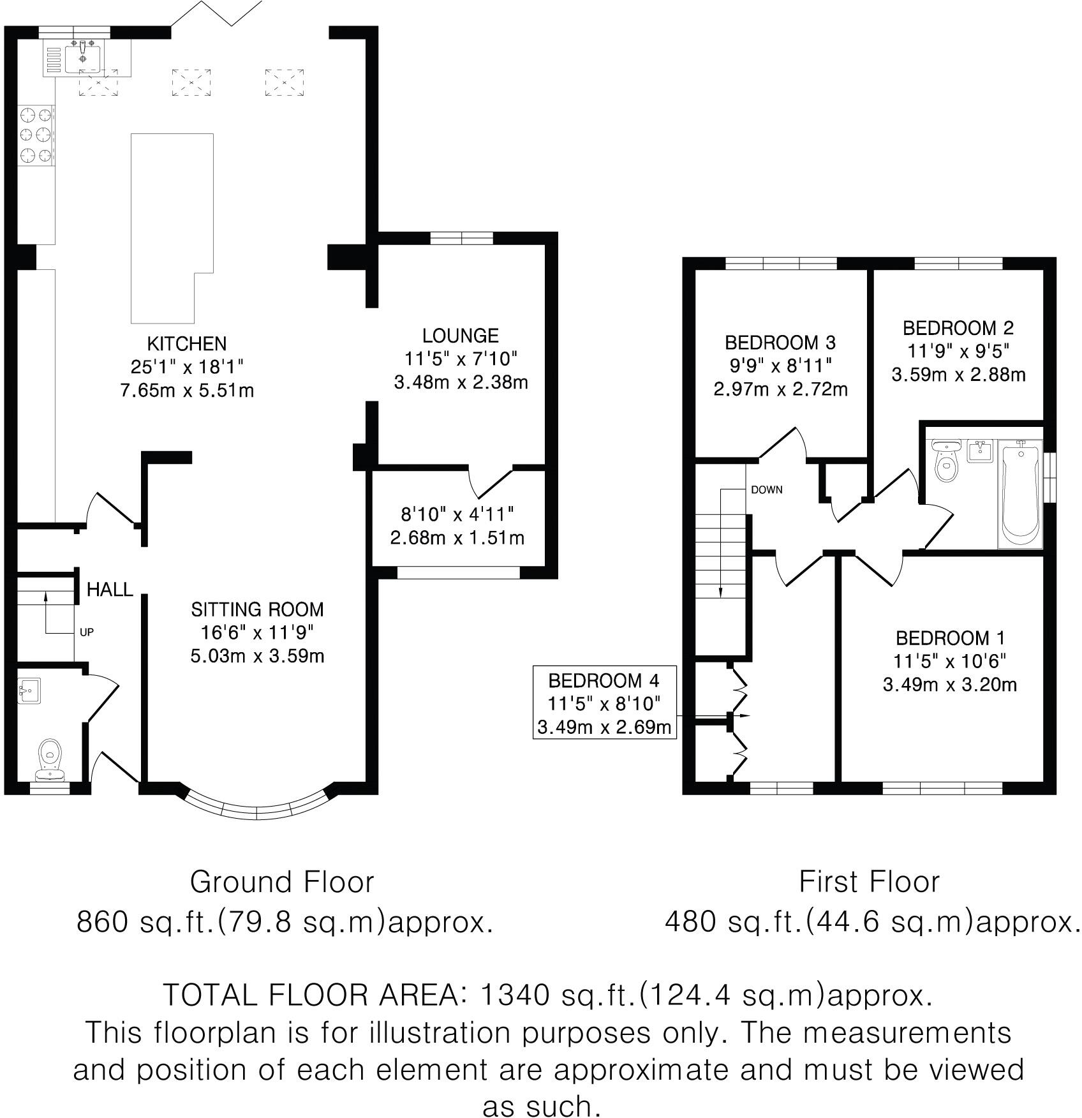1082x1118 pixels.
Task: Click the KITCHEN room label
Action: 187,344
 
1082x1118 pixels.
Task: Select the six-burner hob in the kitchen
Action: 36,135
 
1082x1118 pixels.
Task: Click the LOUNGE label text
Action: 461,336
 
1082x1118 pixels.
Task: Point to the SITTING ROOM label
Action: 257,609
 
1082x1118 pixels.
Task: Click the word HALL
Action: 110,590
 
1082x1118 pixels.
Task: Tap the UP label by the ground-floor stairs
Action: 87,632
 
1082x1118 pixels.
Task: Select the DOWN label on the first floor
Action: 767,490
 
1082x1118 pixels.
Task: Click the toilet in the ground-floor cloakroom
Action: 50,759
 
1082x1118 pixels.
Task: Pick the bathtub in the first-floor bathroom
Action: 1020,495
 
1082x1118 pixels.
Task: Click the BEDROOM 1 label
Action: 950,637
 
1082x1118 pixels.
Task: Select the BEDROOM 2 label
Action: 958,328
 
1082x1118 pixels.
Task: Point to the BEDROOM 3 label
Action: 780,343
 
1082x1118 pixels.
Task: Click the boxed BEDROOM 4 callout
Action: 604,702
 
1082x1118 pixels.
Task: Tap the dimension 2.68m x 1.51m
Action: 457,538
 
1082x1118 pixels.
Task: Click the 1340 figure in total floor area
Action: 515,995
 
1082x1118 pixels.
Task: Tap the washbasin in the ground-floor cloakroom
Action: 30,690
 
